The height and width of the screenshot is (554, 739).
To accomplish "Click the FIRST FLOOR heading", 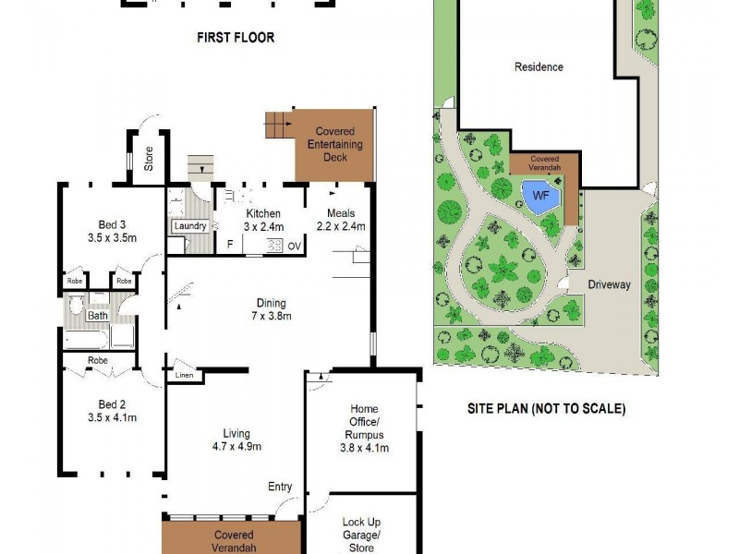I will coord(236,38).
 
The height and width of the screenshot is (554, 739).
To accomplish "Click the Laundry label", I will coord(189,226).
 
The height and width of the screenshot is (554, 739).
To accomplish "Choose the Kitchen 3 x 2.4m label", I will coord(263,220).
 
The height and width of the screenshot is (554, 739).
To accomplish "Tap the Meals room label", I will coord(341,220).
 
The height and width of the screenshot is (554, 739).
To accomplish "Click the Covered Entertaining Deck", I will coord(334,145).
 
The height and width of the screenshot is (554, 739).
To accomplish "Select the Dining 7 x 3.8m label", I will coord(272,309).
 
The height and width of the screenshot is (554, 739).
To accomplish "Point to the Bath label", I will coord(98,316).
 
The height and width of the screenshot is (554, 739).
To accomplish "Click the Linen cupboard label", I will coord(183,377).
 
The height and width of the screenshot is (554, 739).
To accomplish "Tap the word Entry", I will coord(280,488).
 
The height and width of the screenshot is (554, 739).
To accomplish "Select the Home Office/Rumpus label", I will coord(364,428).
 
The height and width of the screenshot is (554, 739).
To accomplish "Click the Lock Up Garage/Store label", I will coord(360,535).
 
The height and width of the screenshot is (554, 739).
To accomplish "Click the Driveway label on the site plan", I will coord(609,285).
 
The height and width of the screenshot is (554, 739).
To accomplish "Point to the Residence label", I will coord(539,67).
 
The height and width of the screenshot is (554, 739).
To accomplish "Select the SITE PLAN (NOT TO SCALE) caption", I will coord(545,408).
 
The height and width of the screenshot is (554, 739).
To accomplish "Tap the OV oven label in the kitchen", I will coord(294,246).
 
